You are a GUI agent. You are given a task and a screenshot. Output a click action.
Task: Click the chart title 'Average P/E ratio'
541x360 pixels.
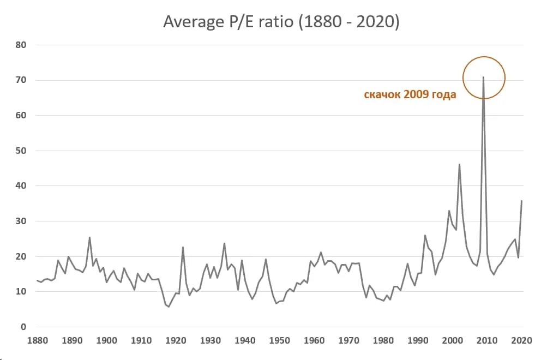[282, 22]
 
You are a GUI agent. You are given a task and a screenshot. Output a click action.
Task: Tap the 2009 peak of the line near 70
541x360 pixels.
[483, 77]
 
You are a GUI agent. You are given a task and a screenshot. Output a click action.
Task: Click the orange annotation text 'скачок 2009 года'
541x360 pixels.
[410, 95]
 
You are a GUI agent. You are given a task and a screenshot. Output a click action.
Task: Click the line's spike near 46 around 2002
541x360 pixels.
[459, 164]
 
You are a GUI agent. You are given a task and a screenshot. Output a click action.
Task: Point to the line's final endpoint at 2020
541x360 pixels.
[521, 201]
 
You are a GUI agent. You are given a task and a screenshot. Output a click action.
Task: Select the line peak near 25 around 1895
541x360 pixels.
[89, 237]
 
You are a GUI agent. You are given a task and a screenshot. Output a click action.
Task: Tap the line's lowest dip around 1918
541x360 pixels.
[169, 307]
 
